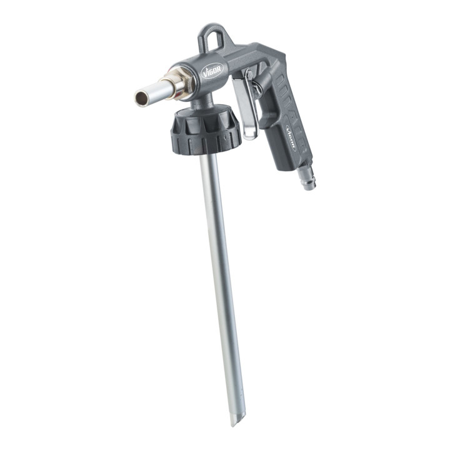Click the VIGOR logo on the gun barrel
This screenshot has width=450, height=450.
(212, 71)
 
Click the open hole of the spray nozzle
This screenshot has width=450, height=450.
(141, 99)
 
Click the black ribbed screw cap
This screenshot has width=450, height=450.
(206, 131)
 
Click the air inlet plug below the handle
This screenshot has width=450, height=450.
(306, 179)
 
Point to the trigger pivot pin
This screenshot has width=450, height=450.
(249, 75)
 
